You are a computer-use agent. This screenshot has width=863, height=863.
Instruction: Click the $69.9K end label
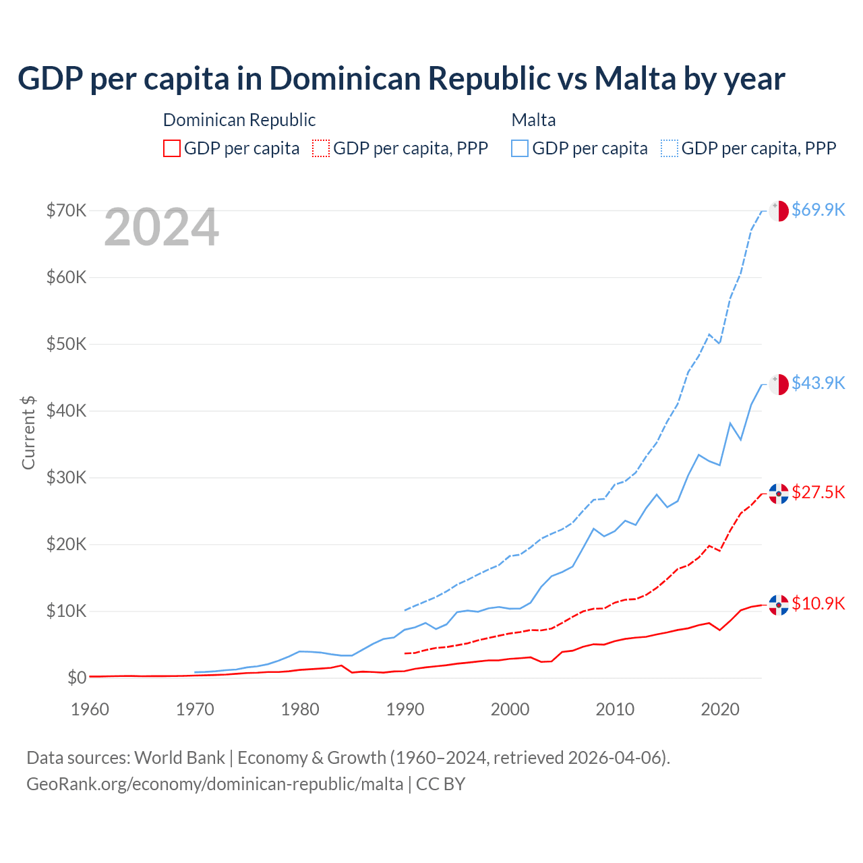click(x=818, y=210)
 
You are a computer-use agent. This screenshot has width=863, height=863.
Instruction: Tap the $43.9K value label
click(x=818, y=383)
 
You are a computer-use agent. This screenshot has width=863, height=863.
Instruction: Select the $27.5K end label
click(x=818, y=492)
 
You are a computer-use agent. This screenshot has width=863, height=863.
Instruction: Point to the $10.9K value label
click(x=818, y=603)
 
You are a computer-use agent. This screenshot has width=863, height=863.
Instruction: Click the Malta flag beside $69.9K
click(x=779, y=210)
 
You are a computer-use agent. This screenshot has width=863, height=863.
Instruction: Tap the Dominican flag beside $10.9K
click(x=779, y=605)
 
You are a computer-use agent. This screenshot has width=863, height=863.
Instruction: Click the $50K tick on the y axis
click(x=66, y=344)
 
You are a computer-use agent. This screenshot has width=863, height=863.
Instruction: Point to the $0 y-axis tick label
click(x=77, y=678)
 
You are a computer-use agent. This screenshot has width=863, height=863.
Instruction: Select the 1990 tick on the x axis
click(x=405, y=709)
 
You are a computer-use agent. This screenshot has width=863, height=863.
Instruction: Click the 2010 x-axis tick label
click(x=615, y=709)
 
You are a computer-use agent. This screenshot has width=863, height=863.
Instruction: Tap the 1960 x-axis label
click(x=90, y=709)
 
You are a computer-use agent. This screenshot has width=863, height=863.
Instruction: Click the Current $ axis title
click(x=28, y=432)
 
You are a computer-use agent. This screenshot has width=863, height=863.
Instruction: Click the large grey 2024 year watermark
click(x=161, y=228)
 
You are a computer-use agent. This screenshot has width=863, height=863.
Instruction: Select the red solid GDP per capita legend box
click(x=172, y=148)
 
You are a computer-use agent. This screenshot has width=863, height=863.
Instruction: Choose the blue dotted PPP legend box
click(x=669, y=148)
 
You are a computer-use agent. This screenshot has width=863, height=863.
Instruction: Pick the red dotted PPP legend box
click(x=321, y=148)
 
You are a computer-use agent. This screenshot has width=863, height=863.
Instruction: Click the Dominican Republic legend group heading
click(x=239, y=120)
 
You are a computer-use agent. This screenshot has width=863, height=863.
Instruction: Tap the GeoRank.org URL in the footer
click(x=214, y=784)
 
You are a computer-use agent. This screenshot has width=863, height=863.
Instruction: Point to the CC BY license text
click(x=440, y=784)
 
